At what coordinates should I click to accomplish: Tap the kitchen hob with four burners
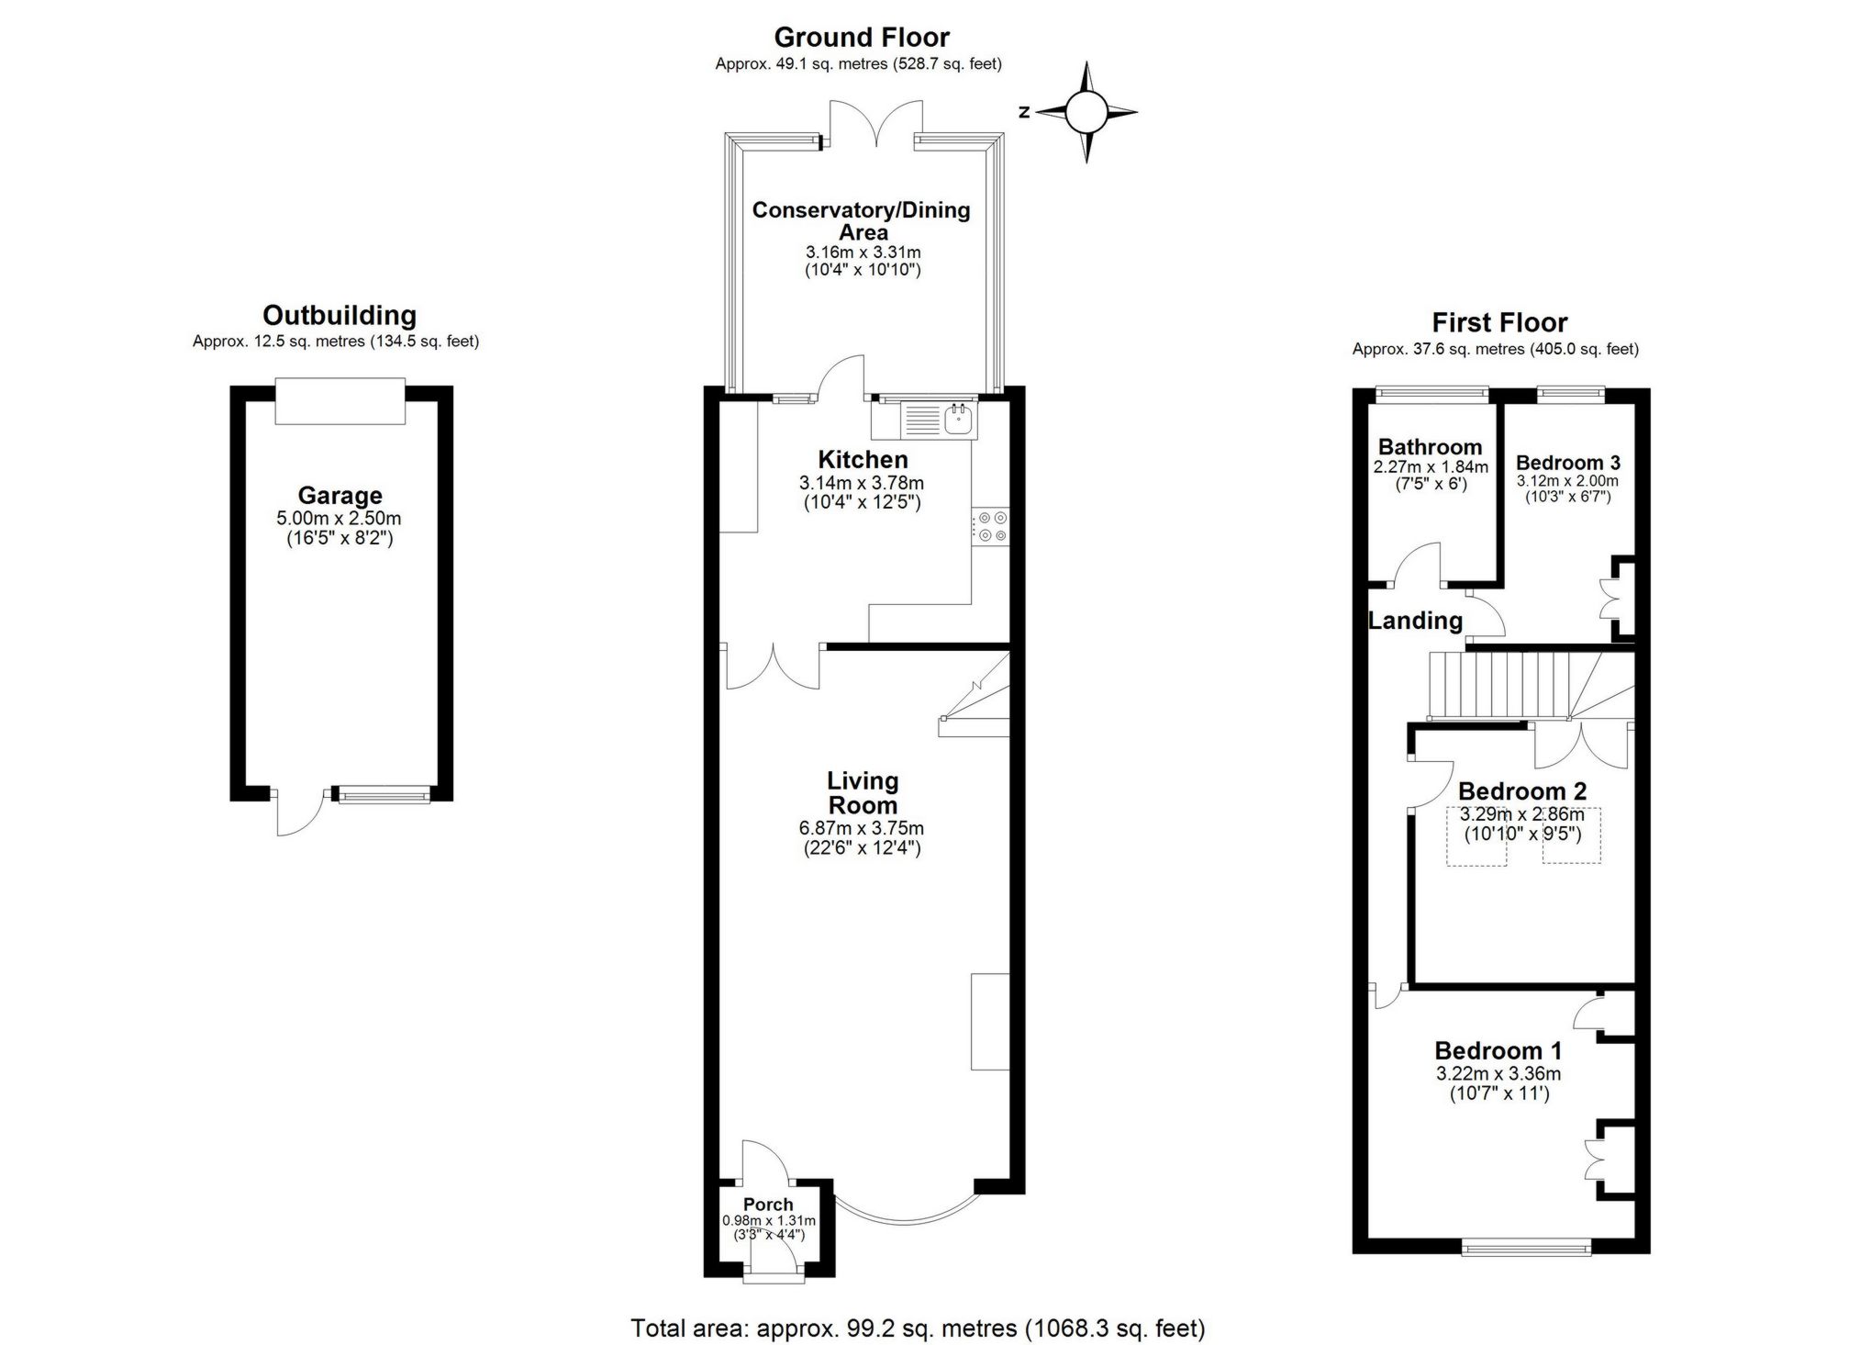pyautogui.click(x=990, y=527)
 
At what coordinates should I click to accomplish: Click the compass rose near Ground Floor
pyautogui.click(x=1086, y=113)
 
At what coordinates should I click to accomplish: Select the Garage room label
pyautogui.click(x=340, y=496)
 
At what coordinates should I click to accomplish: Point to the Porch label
pyautogui.click(x=768, y=1205)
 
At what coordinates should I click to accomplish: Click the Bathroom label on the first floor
pyautogui.click(x=1430, y=447)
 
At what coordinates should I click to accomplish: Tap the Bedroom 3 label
pyautogui.click(x=1567, y=463)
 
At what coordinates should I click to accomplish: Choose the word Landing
pyautogui.click(x=1415, y=621)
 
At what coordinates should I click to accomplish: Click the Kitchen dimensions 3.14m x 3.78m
pyautogui.click(x=862, y=483)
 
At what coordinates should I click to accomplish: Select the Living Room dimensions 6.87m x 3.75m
pyautogui.click(x=862, y=828)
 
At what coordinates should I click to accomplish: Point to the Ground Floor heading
pyautogui.click(x=862, y=38)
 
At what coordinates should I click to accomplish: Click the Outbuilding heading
pyautogui.click(x=340, y=316)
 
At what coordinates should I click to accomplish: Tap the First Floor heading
pyautogui.click(x=1499, y=323)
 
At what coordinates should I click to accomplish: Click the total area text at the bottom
pyautogui.click(x=918, y=1328)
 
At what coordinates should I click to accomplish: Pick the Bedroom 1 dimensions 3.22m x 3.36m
pyautogui.click(x=1498, y=1074)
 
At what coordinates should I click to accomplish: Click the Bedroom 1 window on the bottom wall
pyautogui.click(x=1526, y=1246)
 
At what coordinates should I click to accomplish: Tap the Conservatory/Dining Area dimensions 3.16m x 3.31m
pyautogui.click(x=863, y=252)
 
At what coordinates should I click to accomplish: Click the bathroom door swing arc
pyautogui.click(x=1418, y=562)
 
